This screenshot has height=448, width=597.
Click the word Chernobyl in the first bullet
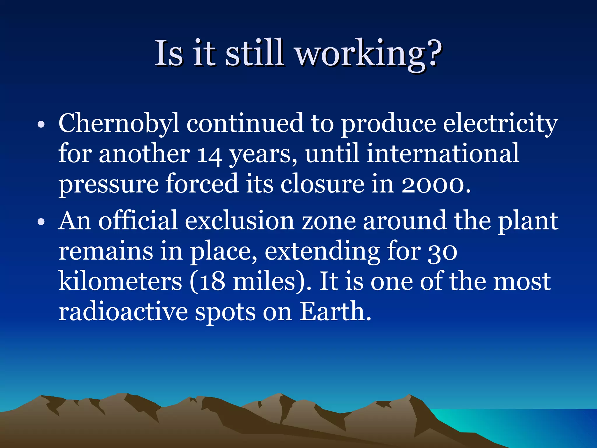click(x=119, y=124)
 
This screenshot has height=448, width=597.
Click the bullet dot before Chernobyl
click(x=41, y=125)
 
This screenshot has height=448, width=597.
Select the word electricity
click(x=501, y=124)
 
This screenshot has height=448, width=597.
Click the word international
click(x=443, y=153)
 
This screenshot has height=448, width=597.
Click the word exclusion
click(x=239, y=221)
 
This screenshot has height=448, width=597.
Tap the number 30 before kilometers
click(x=442, y=252)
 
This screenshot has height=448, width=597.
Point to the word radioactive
click(x=123, y=312)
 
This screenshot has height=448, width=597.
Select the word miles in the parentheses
click(x=264, y=282)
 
